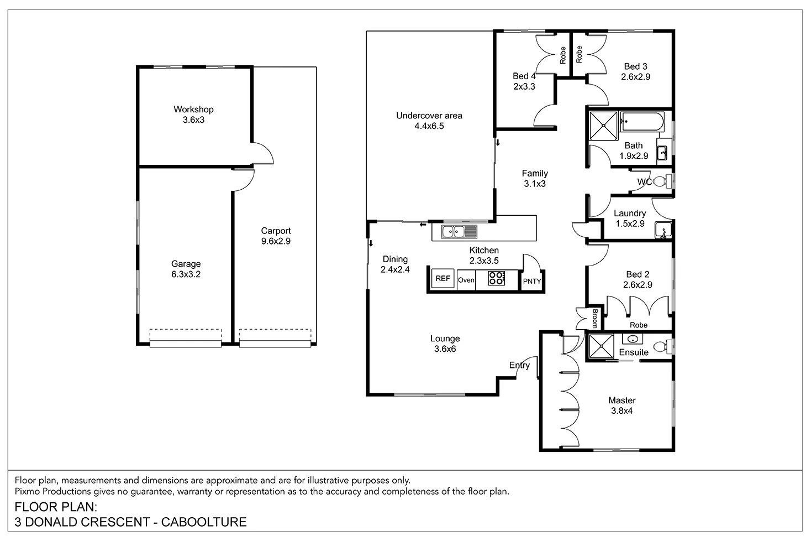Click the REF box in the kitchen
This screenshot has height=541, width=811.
[443, 279]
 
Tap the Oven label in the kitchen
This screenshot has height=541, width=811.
[466, 280]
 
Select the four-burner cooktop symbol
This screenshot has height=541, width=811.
[496, 278]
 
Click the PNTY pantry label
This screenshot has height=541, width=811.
[532, 281]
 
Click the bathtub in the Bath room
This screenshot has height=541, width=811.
[641, 122]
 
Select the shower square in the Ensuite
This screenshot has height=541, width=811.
[601, 346]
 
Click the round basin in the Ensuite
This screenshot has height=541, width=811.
[633, 339]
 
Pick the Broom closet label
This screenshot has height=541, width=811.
[595, 318]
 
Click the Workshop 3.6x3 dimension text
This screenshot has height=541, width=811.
[193, 119]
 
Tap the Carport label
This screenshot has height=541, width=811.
[276, 231]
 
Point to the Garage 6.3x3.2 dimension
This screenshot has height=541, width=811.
[186, 274]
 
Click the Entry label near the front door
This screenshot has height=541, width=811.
[519, 365]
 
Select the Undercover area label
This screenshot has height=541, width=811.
[429, 116]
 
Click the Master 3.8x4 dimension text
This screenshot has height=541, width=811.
[622, 410]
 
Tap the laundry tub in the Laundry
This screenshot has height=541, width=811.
[662, 230]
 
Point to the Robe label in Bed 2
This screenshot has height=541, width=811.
[638, 325]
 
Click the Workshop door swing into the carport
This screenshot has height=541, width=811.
[263, 154]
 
